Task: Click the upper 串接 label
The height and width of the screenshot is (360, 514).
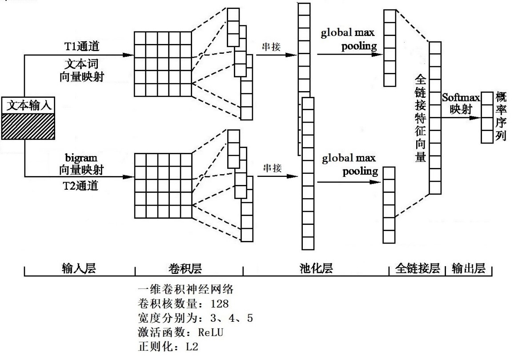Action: (x=271, y=46)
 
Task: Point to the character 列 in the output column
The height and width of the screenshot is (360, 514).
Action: (x=501, y=136)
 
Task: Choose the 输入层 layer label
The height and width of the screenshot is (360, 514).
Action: (x=79, y=268)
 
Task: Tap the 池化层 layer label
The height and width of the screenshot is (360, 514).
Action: (x=316, y=268)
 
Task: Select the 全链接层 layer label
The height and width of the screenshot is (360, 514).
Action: (x=418, y=268)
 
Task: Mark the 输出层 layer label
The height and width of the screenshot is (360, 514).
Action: (x=469, y=268)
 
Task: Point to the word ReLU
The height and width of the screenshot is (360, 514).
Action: (x=210, y=332)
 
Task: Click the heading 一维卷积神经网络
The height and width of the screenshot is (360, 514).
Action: (x=186, y=290)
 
